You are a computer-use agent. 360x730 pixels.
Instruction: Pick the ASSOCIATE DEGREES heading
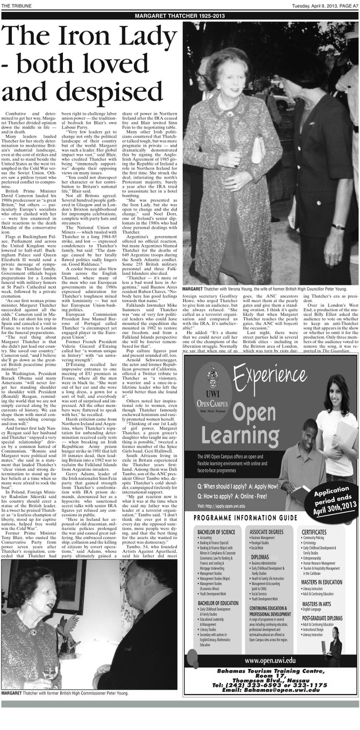click(267, 531)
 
